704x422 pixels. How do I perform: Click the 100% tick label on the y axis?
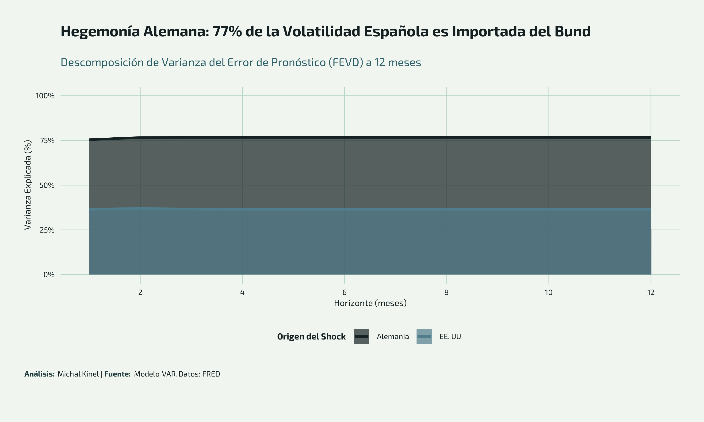tap(45, 96)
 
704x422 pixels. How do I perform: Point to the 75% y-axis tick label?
tap(47, 140)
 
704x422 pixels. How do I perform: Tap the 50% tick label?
tap(47, 185)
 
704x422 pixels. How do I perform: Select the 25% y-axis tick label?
tap(47, 230)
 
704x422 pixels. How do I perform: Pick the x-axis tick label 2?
tap(140, 292)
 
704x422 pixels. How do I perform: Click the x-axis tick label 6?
tap(344, 292)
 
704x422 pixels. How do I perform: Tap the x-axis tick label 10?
tap(548, 292)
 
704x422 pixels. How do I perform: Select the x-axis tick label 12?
tap(650, 292)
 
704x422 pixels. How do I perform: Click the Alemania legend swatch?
tap(361, 336)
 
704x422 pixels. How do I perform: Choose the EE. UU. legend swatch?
tap(424, 336)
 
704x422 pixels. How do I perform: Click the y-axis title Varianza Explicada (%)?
tap(28, 185)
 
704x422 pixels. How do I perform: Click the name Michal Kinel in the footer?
tap(78, 374)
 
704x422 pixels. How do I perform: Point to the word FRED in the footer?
tap(211, 374)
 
